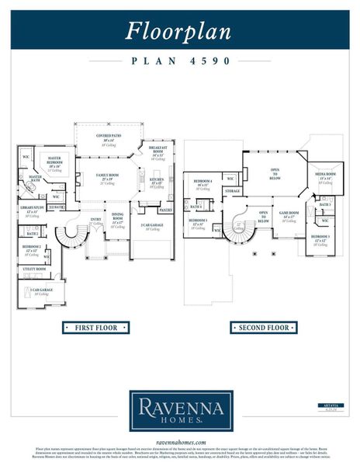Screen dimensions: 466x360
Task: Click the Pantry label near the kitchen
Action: click(164, 210)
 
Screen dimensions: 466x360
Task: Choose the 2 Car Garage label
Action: click(150, 226)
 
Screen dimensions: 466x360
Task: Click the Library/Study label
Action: click(32, 210)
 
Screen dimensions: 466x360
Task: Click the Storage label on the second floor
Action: click(233, 191)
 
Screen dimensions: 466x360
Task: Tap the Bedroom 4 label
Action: click(203, 184)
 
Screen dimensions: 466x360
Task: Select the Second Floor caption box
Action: click(264, 328)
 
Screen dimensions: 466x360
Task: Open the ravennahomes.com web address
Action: click(180, 440)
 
